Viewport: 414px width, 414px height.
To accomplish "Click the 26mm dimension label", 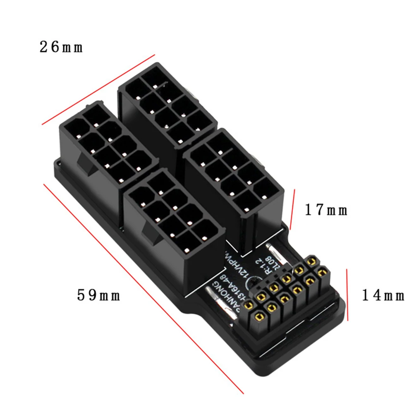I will [61, 47].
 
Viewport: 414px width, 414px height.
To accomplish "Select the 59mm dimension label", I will [98, 295].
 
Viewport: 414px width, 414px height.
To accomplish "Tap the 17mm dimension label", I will [326, 210].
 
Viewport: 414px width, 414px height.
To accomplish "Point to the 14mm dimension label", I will [383, 295].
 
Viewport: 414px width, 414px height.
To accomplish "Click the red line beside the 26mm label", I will [98, 89].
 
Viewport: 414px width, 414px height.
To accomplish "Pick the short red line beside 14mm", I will [347, 294].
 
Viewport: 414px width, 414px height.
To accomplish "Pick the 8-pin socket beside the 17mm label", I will [234, 174].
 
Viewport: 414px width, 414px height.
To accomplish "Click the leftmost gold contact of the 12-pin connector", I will [249, 306].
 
